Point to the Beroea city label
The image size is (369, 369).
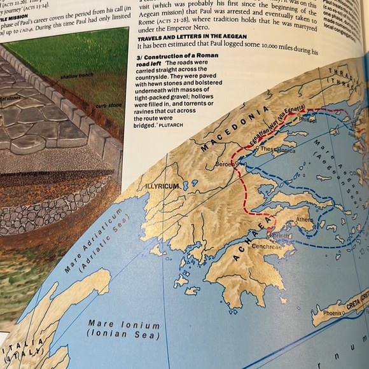(x=225, y=164)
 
